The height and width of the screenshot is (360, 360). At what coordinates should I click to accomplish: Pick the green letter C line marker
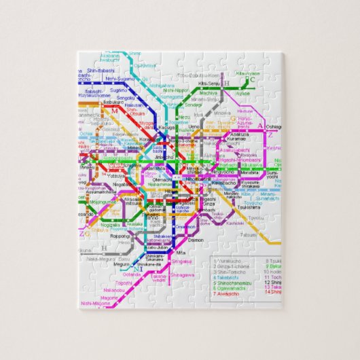click(x=251, y=79)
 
